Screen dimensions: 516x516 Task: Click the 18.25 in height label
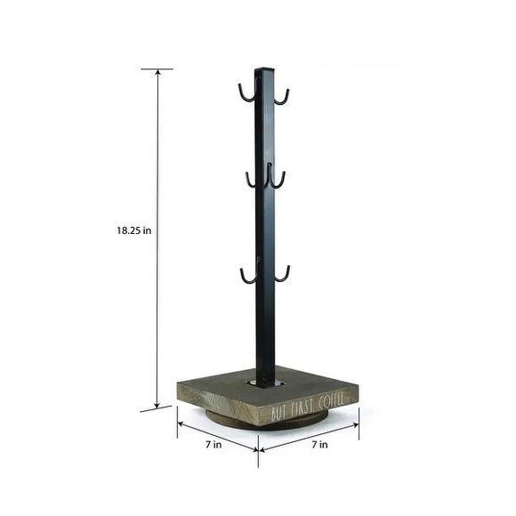pos(134,230)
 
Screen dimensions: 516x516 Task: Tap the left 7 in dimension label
pos(214,445)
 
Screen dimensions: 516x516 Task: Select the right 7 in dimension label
pos(320,445)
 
